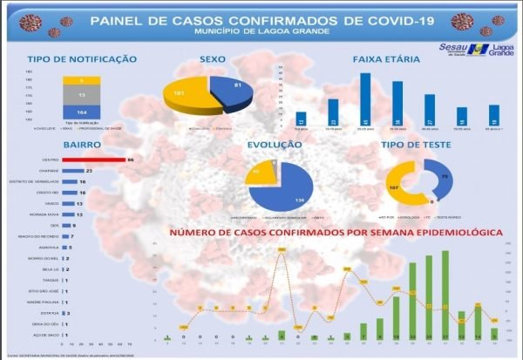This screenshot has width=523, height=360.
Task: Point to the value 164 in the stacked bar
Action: [x=80, y=112]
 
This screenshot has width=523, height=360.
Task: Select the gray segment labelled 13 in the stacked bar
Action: [x=80, y=93]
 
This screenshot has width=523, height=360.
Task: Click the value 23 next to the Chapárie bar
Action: [x=90, y=171]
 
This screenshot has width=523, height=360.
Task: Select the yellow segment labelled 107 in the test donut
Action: [x=396, y=187]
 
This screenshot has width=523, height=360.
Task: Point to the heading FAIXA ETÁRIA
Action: [x=387, y=59]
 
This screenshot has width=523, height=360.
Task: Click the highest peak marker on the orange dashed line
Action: [x=282, y=251]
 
